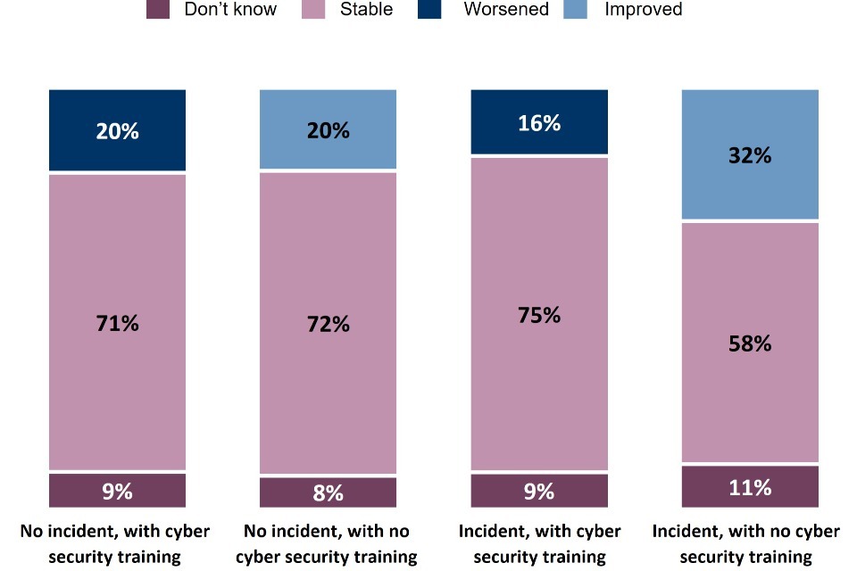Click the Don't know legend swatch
pos(157,11)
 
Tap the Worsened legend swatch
pos(429,11)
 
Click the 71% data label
pos(117,323)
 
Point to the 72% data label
pos(328,324)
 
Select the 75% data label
pos(539,315)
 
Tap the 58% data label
pos(750,343)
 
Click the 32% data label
pos(750,155)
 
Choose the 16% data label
pos(539,123)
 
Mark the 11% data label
pos(750,487)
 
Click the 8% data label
pos(328,492)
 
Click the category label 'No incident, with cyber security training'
pos(115,543)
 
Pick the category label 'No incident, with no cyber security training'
pos(327,543)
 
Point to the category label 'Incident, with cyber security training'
pos(539,543)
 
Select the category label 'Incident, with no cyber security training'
pos(746,543)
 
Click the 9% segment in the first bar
pos(117,490)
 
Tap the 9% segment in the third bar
pos(539,490)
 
